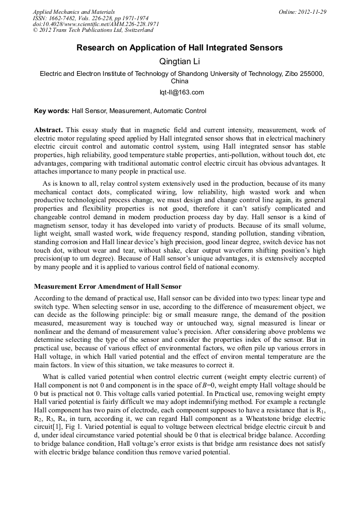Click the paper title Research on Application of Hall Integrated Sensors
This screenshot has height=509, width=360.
pos(179,48)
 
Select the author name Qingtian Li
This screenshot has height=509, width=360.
pos(179,62)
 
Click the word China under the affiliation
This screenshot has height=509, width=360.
pos(179,81)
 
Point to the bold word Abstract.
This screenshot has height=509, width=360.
pos(48,130)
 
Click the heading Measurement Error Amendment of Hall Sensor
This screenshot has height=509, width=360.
pos(108,287)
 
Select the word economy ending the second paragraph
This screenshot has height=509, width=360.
pos(245,267)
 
